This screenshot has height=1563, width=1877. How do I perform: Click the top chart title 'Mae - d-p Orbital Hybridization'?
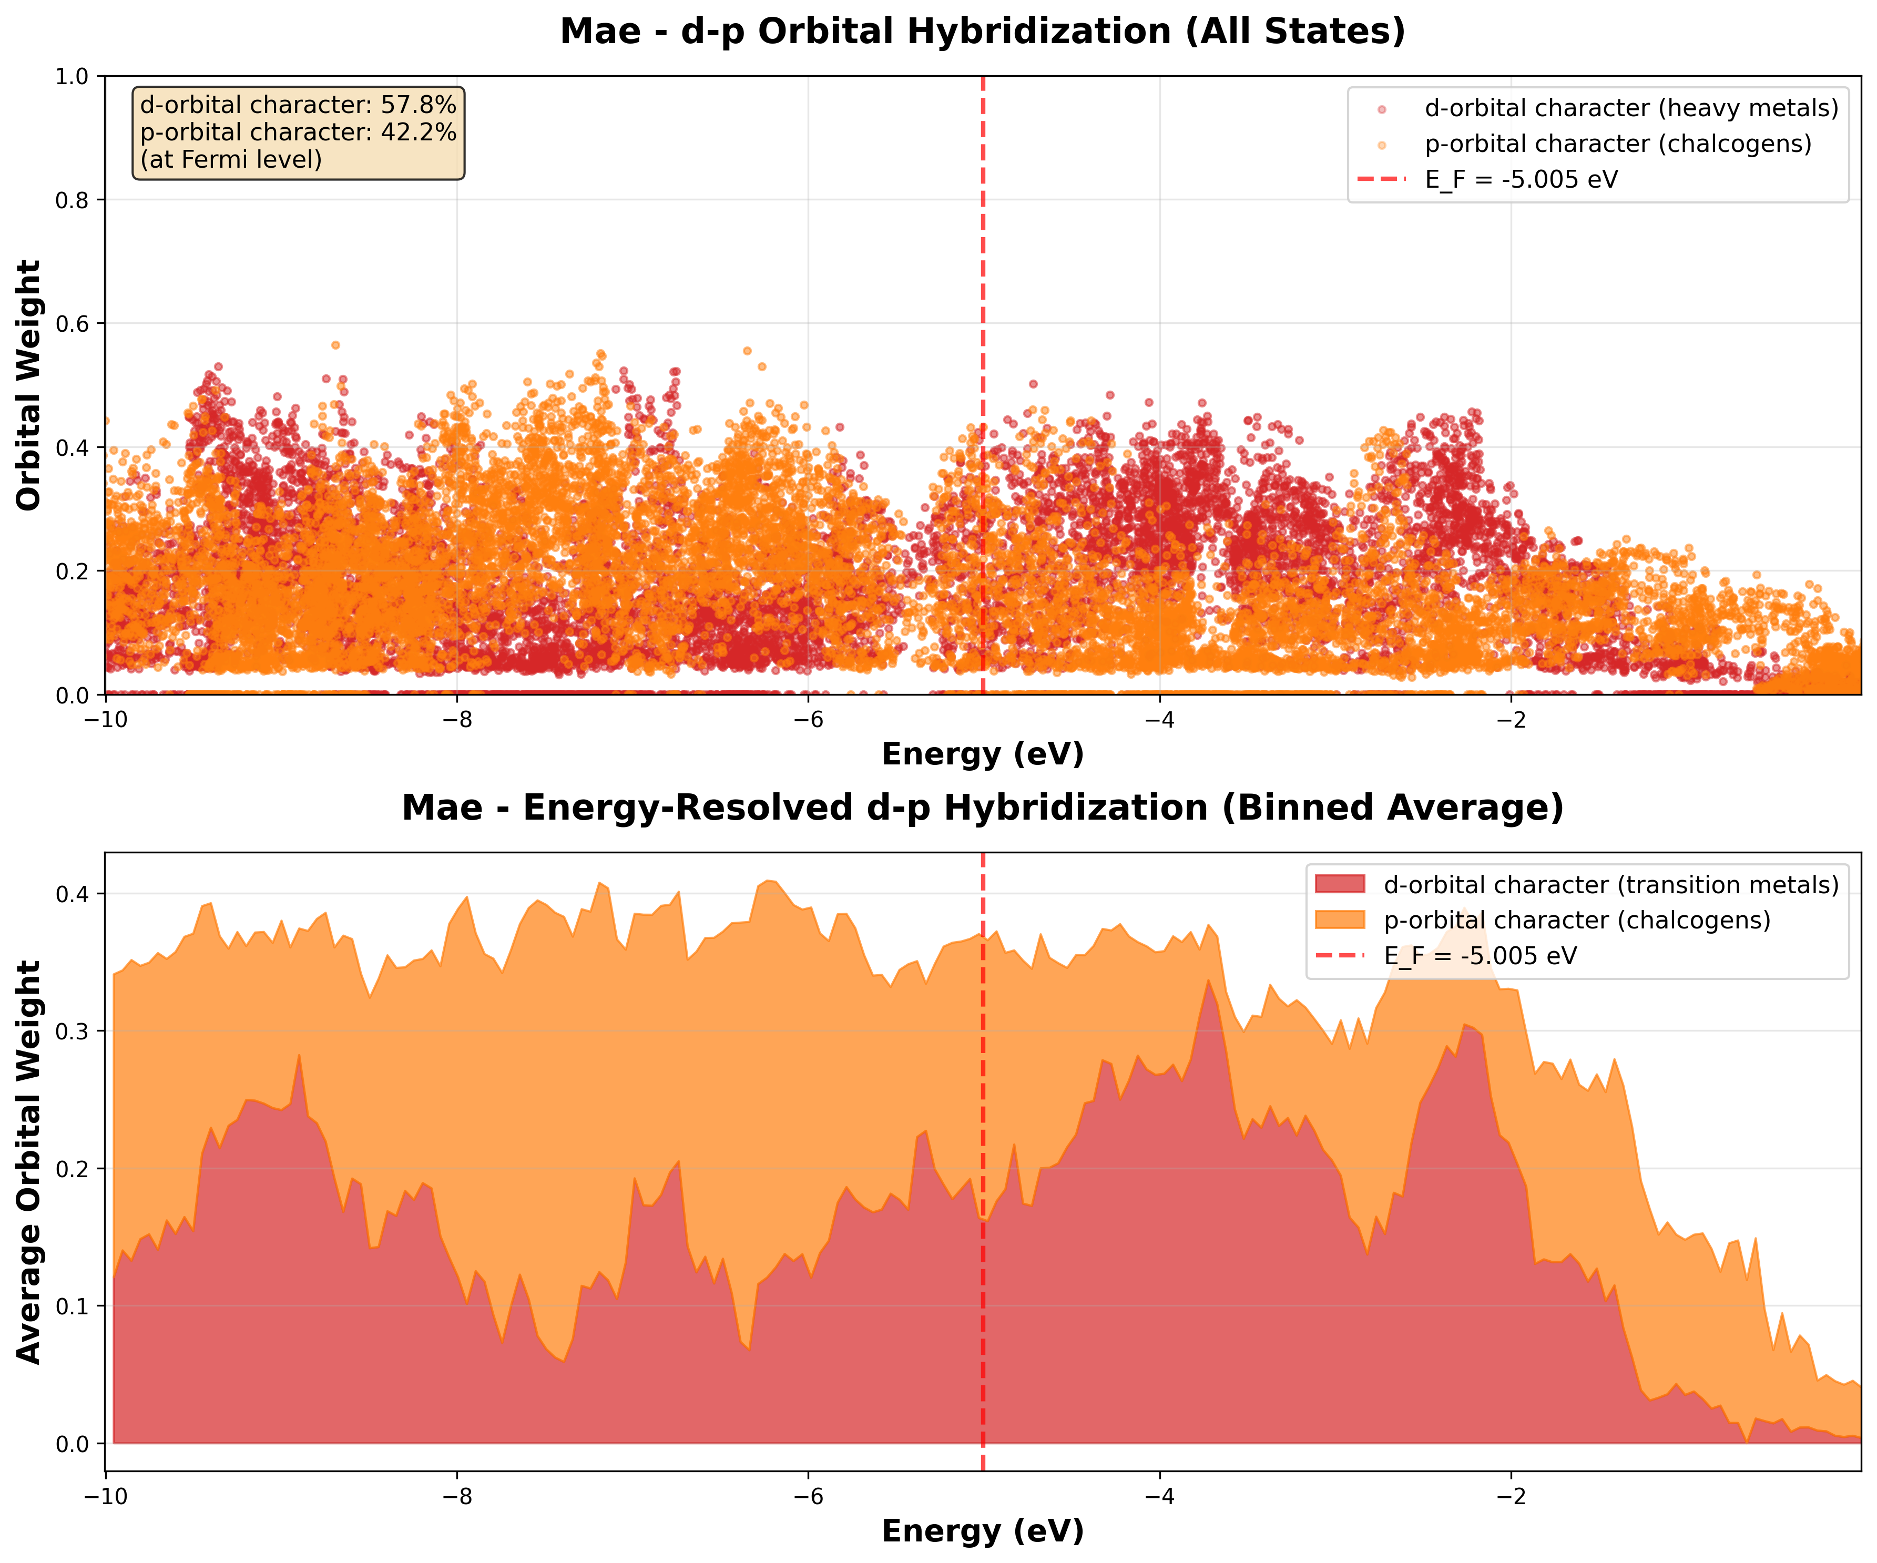coord(982,32)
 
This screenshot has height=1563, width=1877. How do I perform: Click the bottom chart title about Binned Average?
coord(982,808)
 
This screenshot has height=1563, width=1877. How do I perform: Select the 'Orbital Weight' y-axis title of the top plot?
coord(29,385)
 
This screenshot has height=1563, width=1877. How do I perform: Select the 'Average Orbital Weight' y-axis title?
coord(29,1162)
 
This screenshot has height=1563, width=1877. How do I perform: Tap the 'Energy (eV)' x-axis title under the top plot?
coord(982,754)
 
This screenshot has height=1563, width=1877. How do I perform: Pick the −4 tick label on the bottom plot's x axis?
coord(1159,1497)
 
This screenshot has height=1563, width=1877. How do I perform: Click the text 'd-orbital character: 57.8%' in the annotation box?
coord(298,106)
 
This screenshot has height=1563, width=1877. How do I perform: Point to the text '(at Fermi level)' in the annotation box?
coord(231,160)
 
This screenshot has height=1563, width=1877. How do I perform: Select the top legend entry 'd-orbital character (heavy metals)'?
coord(1631,108)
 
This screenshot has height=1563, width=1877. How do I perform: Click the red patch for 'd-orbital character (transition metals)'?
coord(1340,885)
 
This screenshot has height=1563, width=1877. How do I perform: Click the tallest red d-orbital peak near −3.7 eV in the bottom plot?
coord(1208,983)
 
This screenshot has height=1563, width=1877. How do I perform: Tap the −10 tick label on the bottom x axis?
coord(106,1497)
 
